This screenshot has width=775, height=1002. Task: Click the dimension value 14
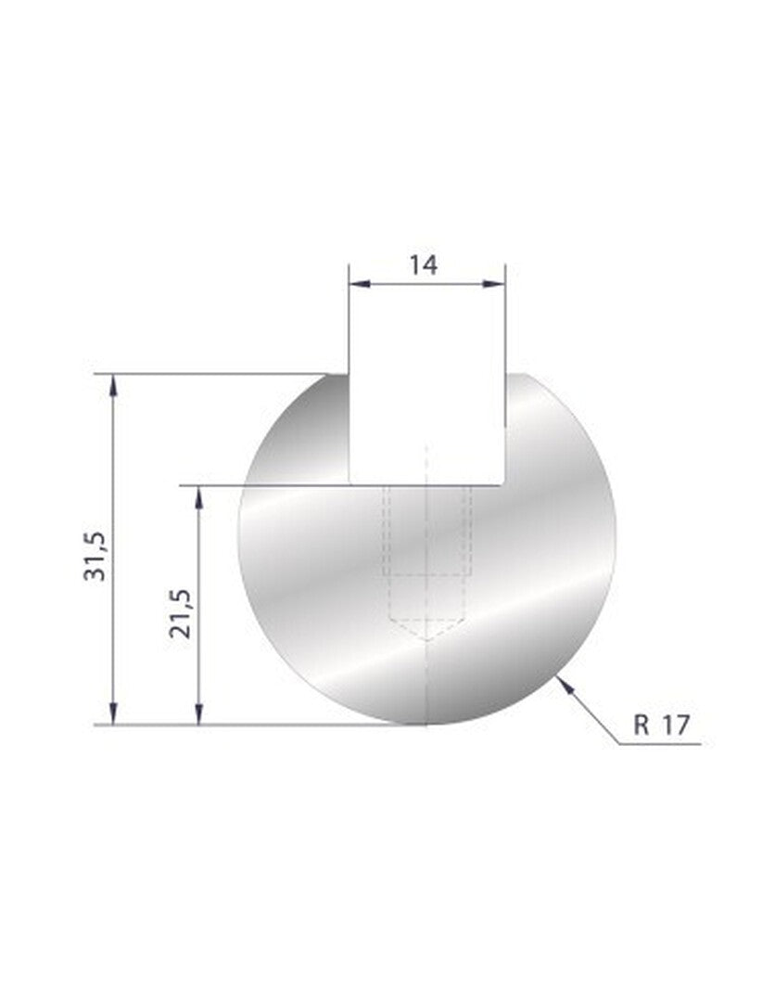pos(424,264)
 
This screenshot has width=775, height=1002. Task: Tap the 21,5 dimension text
pos(180,614)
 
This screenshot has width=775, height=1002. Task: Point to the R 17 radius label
pos(661,726)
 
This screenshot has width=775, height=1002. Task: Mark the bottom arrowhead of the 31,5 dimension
pos(114,713)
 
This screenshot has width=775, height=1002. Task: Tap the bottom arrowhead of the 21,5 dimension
pos(199,713)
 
